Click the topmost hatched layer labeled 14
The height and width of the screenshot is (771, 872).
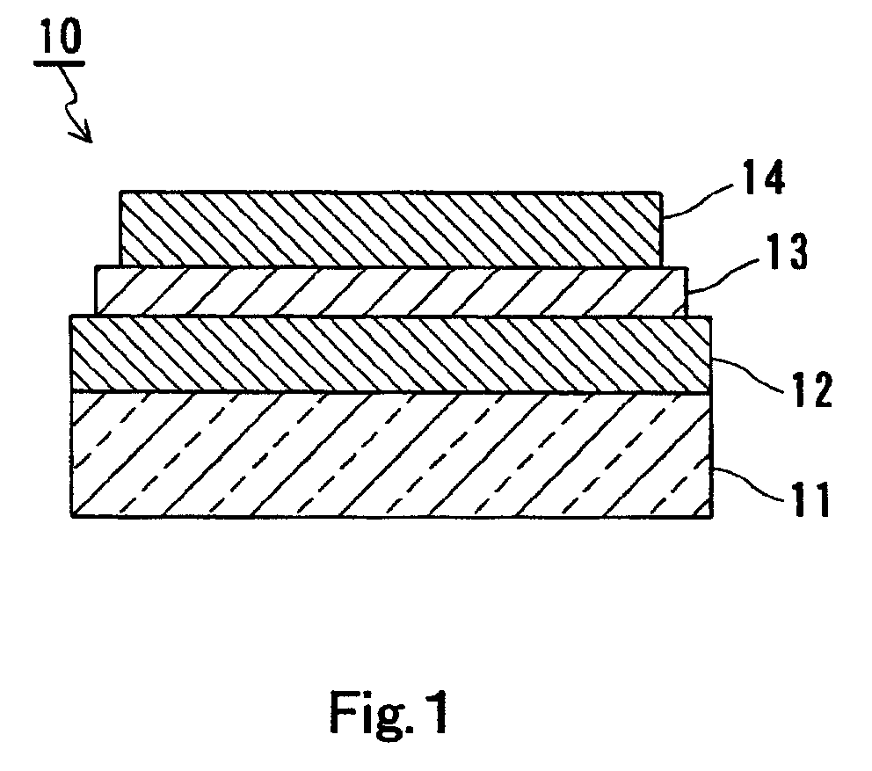(390, 229)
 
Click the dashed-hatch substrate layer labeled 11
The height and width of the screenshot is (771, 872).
(390, 454)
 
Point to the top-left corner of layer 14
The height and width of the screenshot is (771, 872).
(120, 192)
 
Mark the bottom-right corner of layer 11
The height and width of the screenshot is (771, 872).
(711, 516)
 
